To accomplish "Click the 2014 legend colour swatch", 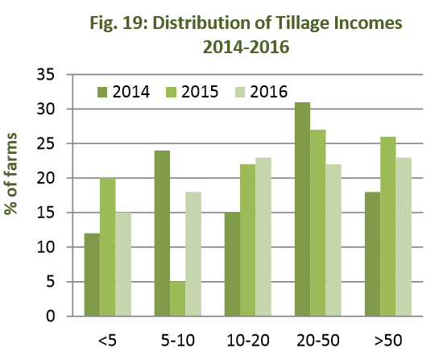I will [104, 91].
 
